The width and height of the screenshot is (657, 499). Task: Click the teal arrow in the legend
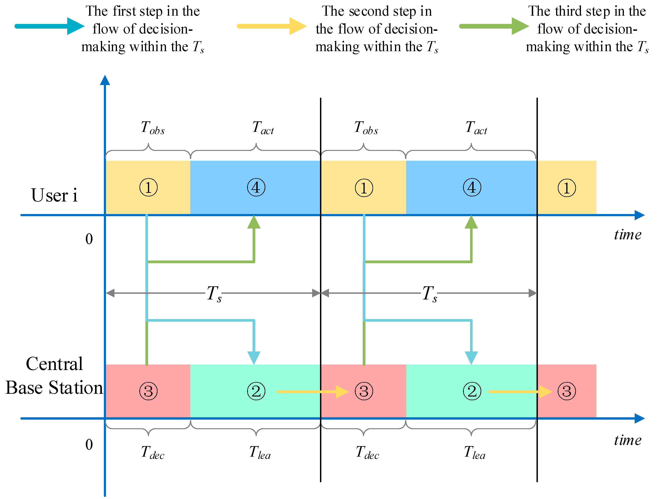click(x=49, y=26)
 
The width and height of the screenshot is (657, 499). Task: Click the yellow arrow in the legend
click(x=271, y=26)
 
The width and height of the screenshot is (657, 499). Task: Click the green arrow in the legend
click(x=494, y=26)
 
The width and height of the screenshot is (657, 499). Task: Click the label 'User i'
click(x=54, y=195)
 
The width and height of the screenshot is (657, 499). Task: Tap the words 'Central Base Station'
click(x=54, y=376)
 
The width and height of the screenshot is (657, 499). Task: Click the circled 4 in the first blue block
click(x=256, y=187)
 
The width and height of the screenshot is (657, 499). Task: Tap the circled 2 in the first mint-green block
click(x=256, y=391)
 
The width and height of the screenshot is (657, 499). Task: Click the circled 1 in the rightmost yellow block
click(x=566, y=188)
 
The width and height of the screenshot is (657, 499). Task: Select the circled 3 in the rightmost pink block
click(x=566, y=391)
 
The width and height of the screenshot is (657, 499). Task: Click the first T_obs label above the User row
click(x=152, y=128)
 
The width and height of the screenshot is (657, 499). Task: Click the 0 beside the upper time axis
click(x=89, y=239)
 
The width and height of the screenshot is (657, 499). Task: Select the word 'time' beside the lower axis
click(x=628, y=440)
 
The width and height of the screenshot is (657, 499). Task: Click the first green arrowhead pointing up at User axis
click(x=254, y=222)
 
